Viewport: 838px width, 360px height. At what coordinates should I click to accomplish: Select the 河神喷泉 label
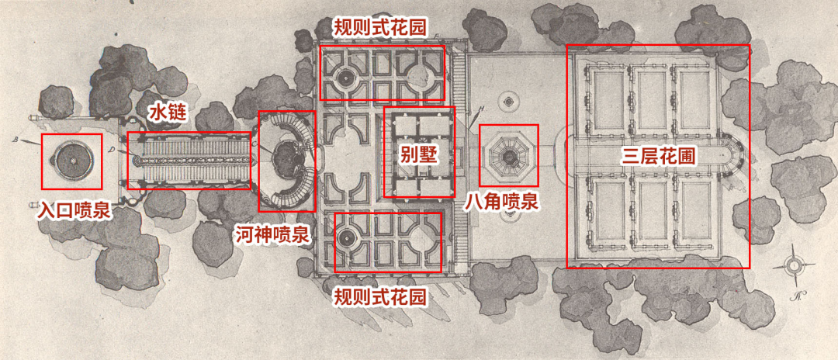pos(272,234)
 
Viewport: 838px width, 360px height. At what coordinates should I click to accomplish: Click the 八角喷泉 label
pos(501,202)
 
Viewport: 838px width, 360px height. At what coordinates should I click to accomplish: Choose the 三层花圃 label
pos(659,155)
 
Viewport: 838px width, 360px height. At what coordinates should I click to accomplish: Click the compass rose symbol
pos(794,266)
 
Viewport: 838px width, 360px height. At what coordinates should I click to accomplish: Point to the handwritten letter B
pos(16,140)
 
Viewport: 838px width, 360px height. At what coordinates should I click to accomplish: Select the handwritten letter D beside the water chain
pos(113,147)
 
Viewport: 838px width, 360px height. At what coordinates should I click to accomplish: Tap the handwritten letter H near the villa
pos(481,107)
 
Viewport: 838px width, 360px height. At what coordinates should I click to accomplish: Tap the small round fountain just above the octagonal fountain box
pos(509,99)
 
